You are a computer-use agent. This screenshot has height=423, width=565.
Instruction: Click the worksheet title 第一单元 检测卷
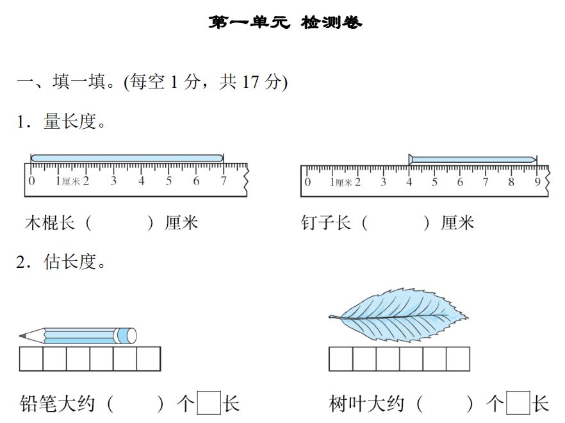click(285, 23)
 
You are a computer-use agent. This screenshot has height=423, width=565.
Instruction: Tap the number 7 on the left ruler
click(223, 181)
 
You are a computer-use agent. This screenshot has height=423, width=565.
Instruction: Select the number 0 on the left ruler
click(32, 181)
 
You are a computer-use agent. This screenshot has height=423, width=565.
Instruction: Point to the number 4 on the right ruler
click(409, 182)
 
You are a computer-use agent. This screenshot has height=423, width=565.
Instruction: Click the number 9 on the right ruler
click(537, 182)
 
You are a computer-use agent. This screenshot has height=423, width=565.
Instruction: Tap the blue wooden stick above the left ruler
click(127, 158)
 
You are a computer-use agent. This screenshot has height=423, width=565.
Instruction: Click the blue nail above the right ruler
click(473, 160)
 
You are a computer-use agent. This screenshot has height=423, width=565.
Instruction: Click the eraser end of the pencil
click(130, 335)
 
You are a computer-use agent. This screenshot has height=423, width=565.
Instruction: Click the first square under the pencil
click(31, 359)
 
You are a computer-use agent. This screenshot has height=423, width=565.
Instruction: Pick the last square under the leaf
click(457, 359)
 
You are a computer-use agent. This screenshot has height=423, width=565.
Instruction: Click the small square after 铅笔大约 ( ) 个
click(208, 404)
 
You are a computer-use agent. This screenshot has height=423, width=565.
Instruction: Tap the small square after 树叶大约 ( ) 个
click(518, 404)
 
